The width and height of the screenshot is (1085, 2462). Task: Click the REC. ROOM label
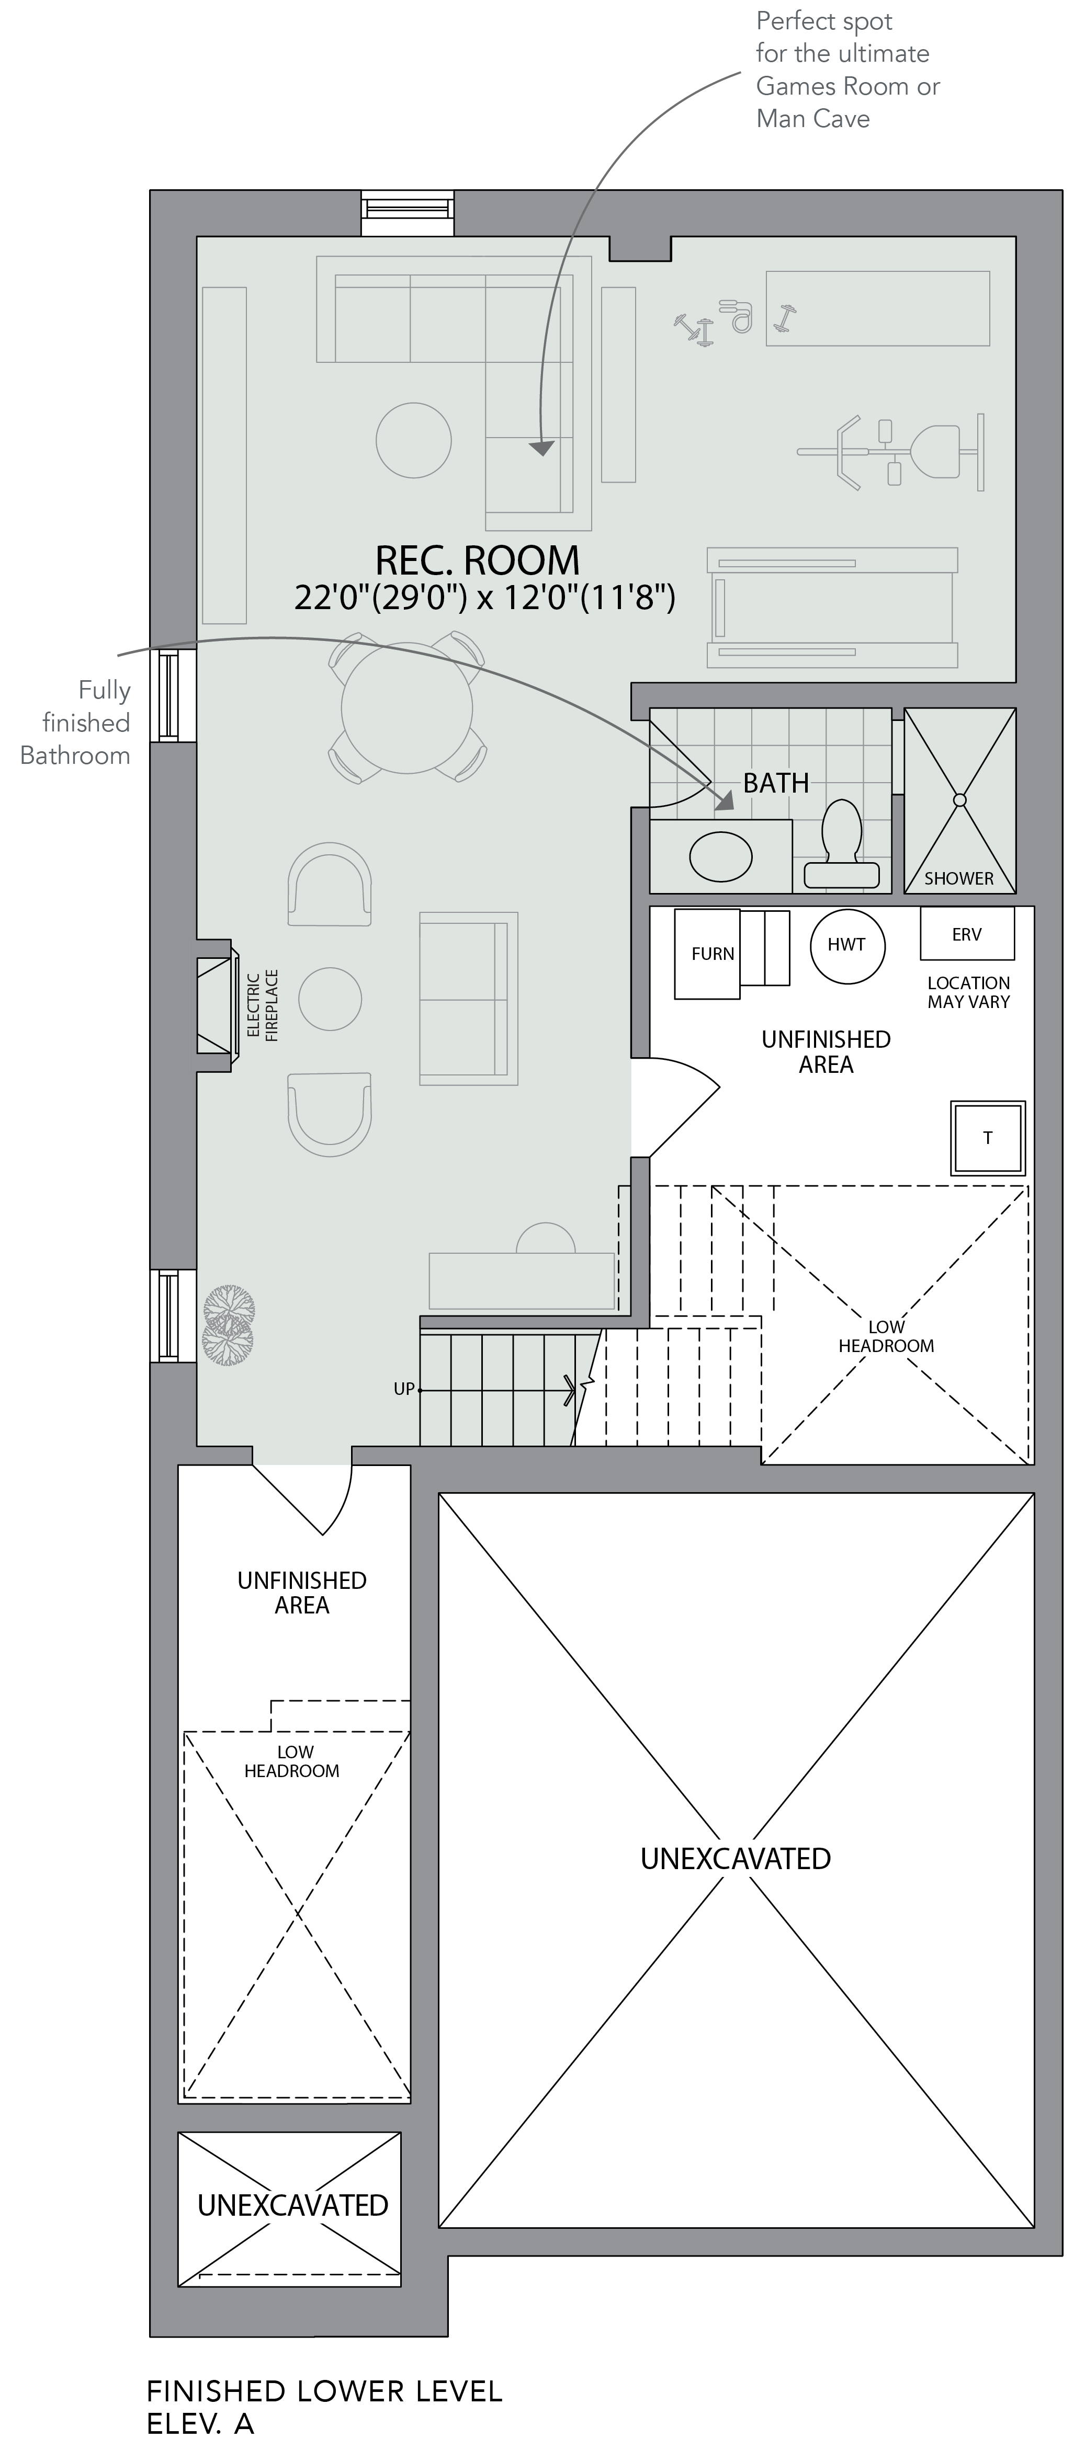point(477,560)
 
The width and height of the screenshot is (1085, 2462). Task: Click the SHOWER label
point(959,878)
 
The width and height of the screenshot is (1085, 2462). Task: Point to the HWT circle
point(847,945)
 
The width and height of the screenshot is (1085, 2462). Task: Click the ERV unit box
point(966,934)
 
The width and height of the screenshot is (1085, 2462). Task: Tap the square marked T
point(988,1137)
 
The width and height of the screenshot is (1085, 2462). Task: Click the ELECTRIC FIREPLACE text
point(262,1005)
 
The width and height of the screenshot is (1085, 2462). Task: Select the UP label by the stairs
point(404,1389)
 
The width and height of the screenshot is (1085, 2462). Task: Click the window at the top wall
point(407,212)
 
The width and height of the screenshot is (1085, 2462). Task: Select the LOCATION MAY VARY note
point(968,992)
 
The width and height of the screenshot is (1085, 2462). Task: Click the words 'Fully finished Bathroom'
point(75,723)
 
